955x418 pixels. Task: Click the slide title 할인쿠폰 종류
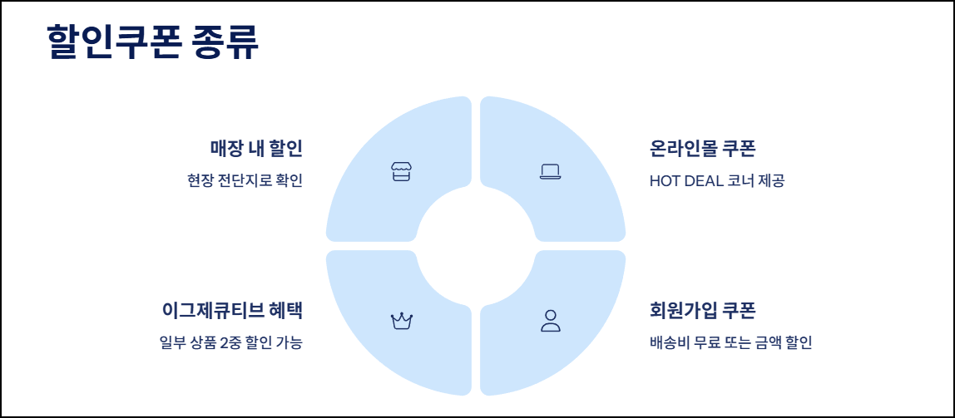coord(153,42)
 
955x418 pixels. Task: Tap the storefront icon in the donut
coord(401,172)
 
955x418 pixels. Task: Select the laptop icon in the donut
coord(550,172)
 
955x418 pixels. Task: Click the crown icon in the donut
coord(402,321)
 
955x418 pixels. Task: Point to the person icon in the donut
coord(550,321)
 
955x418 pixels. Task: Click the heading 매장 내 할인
coord(255,149)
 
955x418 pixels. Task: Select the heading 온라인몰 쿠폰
coord(702,149)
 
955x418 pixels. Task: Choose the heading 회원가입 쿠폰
coord(702,310)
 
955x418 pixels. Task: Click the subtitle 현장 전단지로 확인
coord(245,180)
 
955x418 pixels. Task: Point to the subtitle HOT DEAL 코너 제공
coord(716,180)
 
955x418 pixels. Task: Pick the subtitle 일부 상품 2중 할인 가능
coord(230,342)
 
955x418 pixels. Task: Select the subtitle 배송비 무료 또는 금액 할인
coord(730,342)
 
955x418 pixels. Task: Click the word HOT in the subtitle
coord(665,180)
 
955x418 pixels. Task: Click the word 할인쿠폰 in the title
coord(113,42)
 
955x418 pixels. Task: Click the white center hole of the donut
coord(476,246)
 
